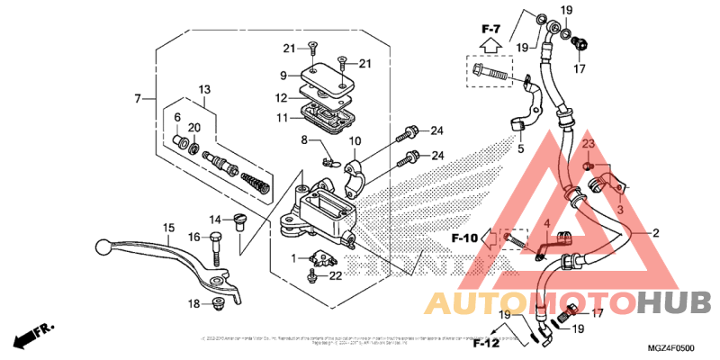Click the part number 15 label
coord(167,228)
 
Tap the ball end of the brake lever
coord(102,244)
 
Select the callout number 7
coord(138,98)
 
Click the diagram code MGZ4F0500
coord(670,347)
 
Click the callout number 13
coord(204,89)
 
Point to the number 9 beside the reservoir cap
coord(283,76)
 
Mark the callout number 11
coord(282,118)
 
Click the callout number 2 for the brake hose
coord(655,233)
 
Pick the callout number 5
coord(519,148)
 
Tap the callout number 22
coord(335,275)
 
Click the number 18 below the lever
coord(193,304)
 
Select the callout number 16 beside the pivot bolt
coord(193,237)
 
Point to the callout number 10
coord(355,141)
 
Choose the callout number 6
coord(177,118)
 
